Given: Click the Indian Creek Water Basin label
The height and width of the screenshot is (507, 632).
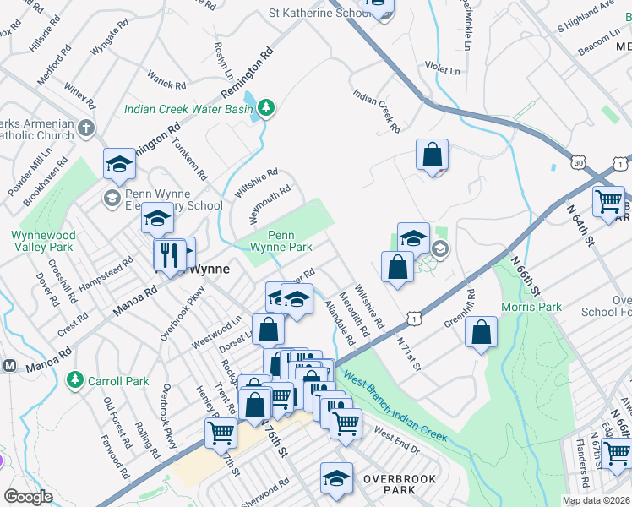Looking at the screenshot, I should (188, 109).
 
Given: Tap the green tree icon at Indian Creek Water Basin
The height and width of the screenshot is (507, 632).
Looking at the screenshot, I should (267, 106).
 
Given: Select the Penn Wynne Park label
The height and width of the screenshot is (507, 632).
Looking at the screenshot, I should (281, 241).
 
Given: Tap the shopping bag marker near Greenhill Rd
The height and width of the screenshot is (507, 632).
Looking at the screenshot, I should (481, 334).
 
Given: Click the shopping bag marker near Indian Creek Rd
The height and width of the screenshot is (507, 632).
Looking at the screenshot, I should (432, 155).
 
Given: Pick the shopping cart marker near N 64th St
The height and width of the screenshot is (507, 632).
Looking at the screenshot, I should (608, 202).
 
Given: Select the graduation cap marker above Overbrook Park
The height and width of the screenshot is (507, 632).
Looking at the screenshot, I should (336, 477).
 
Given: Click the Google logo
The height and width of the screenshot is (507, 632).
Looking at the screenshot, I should (28, 497).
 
